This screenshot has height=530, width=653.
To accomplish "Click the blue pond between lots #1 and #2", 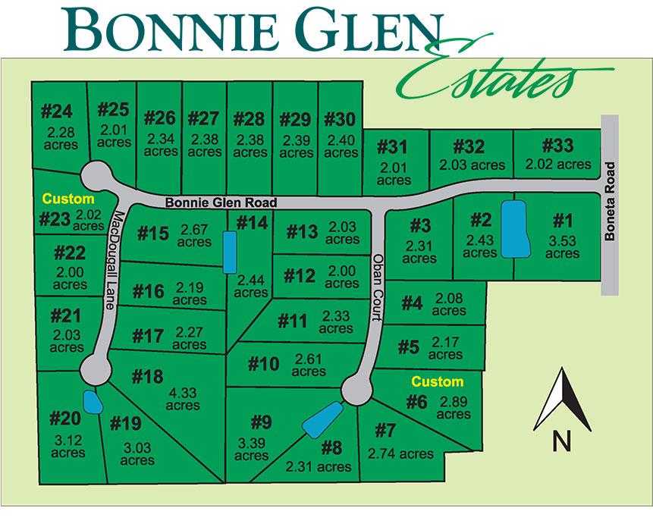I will (x=516, y=229).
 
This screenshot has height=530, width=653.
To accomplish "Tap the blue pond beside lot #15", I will (x=229, y=252).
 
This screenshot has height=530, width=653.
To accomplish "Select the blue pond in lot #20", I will (x=92, y=402).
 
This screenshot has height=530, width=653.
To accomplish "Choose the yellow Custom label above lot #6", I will (x=437, y=381).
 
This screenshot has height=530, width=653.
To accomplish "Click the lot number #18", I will (x=147, y=377).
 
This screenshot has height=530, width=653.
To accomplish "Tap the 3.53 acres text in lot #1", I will (x=562, y=247).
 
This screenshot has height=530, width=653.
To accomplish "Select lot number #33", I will (x=557, y=145).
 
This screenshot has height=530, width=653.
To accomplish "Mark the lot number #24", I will (x=56, y=111).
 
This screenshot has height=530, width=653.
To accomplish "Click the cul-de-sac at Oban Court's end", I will (x=356, y=390).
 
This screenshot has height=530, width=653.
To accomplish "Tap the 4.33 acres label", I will (x=183, y=400).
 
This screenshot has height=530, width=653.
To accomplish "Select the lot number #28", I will (x=250, y=119).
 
